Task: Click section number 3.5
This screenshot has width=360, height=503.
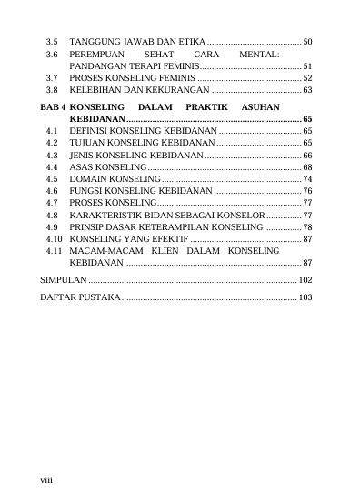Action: pos(52,42)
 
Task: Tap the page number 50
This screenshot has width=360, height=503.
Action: pos(307,42)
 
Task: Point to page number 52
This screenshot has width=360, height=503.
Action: pos(307,79)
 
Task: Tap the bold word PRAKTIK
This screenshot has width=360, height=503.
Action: pos(205,107)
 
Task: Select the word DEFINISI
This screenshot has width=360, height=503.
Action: pos(92,132)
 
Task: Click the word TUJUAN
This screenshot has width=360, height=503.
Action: pos(89,144)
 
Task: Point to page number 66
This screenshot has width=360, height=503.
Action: pos(307,156)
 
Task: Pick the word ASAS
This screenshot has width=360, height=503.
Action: pos(81,168)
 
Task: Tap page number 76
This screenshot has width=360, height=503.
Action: pos(307,192)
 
